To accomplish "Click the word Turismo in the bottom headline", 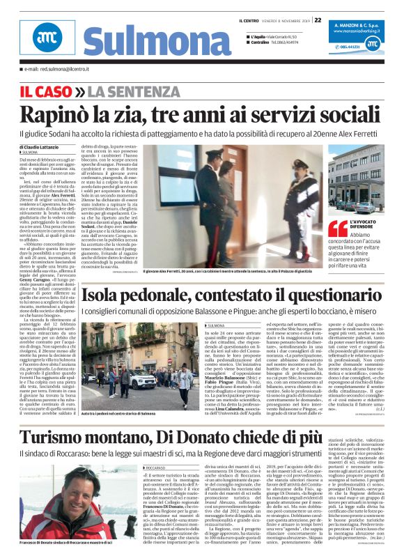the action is pyautogui.click(x=73, y=418).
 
